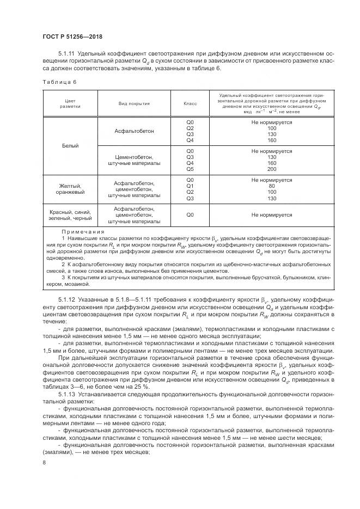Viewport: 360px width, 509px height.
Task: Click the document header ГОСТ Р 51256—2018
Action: (x=72, y=36)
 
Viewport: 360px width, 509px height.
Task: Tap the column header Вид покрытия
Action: (x=134, y=103)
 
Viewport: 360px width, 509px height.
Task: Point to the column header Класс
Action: (x=190, y=103)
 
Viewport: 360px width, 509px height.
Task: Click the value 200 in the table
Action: (x=272, y=169)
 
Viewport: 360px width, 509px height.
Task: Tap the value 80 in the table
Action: (x=272, y=186)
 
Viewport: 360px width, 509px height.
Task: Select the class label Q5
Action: (x=190, y=169)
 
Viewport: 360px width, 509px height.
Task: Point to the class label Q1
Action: (x=190, y=186)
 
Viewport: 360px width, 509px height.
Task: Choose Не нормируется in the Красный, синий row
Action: (x=272, y=214)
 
